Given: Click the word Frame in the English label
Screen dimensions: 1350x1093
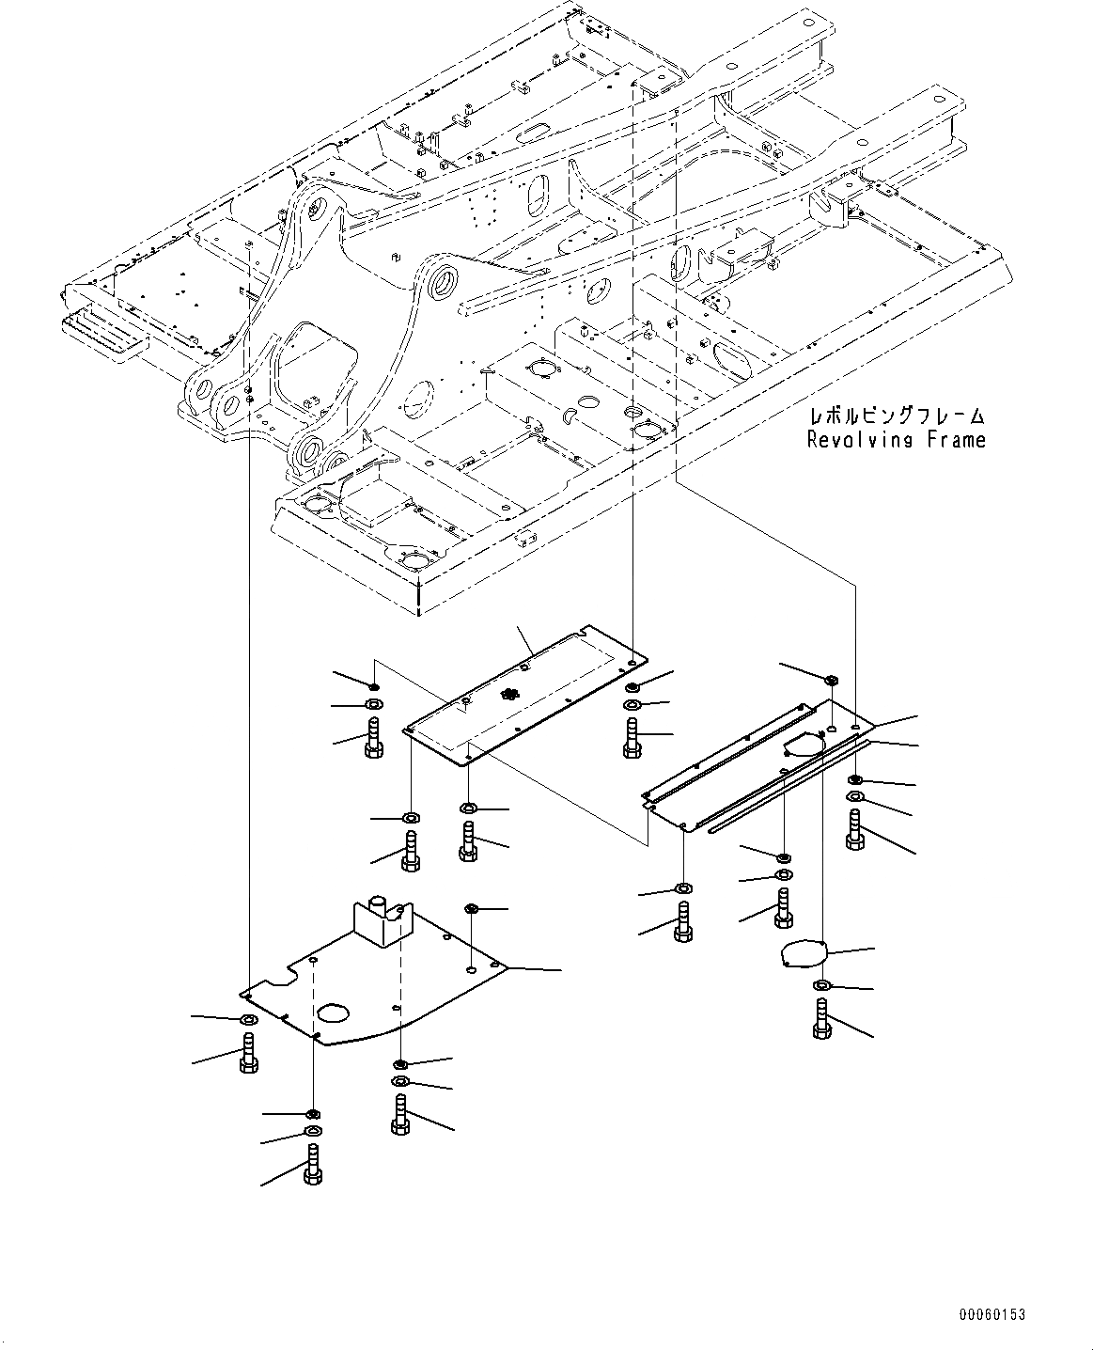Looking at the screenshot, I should tap(956, 439).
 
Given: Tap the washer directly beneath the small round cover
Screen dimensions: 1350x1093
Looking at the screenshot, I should tap(821, 985).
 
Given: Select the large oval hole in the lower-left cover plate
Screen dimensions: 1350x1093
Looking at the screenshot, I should tap(332, 1012).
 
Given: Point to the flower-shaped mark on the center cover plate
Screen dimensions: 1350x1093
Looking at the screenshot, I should tap(509, 695).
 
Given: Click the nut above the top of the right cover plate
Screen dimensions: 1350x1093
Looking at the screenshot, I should tap(831, 679).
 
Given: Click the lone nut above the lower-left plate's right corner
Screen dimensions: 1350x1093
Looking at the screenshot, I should tap(472, 908).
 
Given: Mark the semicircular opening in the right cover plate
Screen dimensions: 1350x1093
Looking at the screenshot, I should tap(802, 745).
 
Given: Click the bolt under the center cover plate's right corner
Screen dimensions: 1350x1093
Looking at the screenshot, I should tap(632, 737).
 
